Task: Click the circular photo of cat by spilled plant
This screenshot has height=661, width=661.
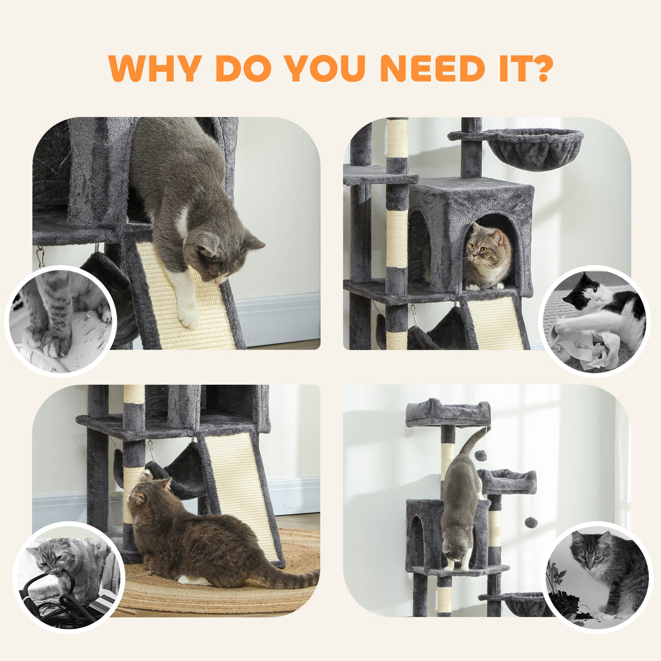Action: click(x=597, y=575)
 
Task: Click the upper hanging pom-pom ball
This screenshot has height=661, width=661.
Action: click(x=481, y=455)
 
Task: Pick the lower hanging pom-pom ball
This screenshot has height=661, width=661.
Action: click(x=531, y=522)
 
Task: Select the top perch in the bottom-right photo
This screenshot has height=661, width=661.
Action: click(x=447, y=413)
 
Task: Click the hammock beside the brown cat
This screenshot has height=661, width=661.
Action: click(x=177, y=471)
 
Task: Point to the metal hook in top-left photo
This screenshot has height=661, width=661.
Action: click(x=40, y=257)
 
